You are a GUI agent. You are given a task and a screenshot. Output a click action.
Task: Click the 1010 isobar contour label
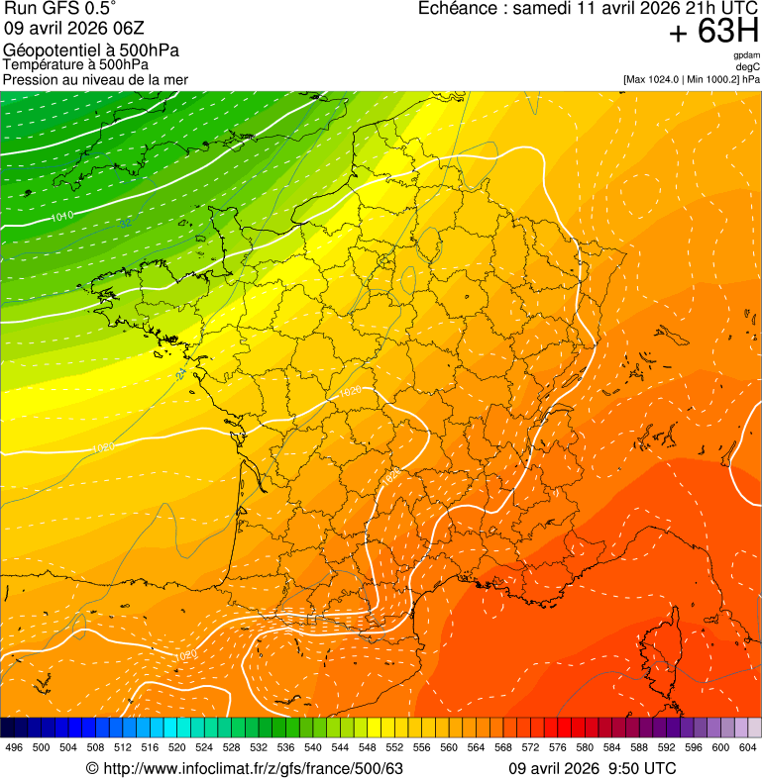61,215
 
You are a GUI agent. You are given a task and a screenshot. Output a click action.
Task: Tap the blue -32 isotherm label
125,224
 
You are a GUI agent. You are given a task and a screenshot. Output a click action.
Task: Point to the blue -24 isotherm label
180,376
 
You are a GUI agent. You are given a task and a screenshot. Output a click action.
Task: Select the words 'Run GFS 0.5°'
59,9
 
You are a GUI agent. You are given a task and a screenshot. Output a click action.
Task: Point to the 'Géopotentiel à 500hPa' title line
91,50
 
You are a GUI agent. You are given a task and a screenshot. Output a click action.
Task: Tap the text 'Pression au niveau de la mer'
95,79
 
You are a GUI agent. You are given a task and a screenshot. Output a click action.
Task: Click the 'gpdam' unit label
746,56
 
